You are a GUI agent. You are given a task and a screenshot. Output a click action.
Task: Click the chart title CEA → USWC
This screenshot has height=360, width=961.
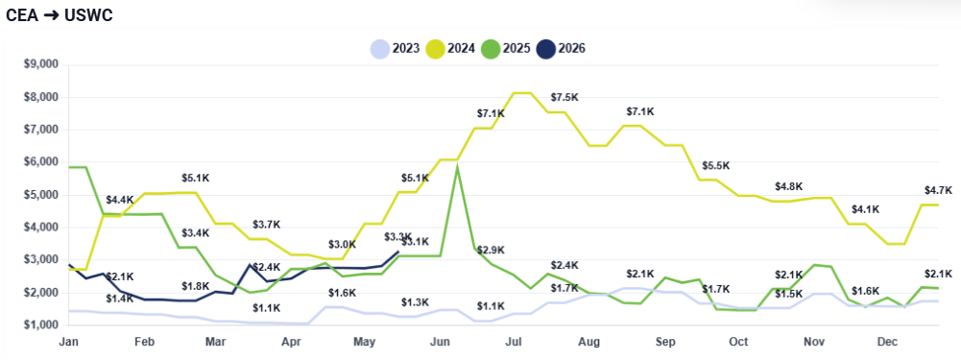(x=59, y=16)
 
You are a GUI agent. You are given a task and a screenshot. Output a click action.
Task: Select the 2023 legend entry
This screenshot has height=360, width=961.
(x=396, y=48)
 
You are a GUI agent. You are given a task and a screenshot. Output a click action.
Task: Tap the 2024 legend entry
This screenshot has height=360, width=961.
(x=450, y=48)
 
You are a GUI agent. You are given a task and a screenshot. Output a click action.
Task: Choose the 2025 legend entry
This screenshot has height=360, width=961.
(x=506, y=48)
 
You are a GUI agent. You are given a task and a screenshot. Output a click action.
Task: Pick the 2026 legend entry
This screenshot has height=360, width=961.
(x=561, y=48)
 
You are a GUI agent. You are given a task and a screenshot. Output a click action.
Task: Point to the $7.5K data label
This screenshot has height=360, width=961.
(x=565, y=98)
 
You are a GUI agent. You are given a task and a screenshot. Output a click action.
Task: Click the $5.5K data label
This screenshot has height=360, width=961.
(x=716, y=165)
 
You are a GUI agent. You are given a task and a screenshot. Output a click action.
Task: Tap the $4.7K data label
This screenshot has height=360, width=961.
(x=938, y=190)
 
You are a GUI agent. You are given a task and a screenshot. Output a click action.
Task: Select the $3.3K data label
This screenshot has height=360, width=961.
(x=398, y=237)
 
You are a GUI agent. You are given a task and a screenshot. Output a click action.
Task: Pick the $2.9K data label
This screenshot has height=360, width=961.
(x=491, y=251)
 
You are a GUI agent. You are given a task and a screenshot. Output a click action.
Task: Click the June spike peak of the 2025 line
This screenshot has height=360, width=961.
(x=457, y=166)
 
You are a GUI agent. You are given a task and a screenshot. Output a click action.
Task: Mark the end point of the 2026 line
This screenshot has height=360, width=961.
(x=398, y=252)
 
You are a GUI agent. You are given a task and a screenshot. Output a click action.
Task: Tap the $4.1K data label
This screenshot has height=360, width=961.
(x=865, y=209)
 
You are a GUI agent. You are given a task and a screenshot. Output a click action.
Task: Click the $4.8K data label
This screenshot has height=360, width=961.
(x=789, y=186)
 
